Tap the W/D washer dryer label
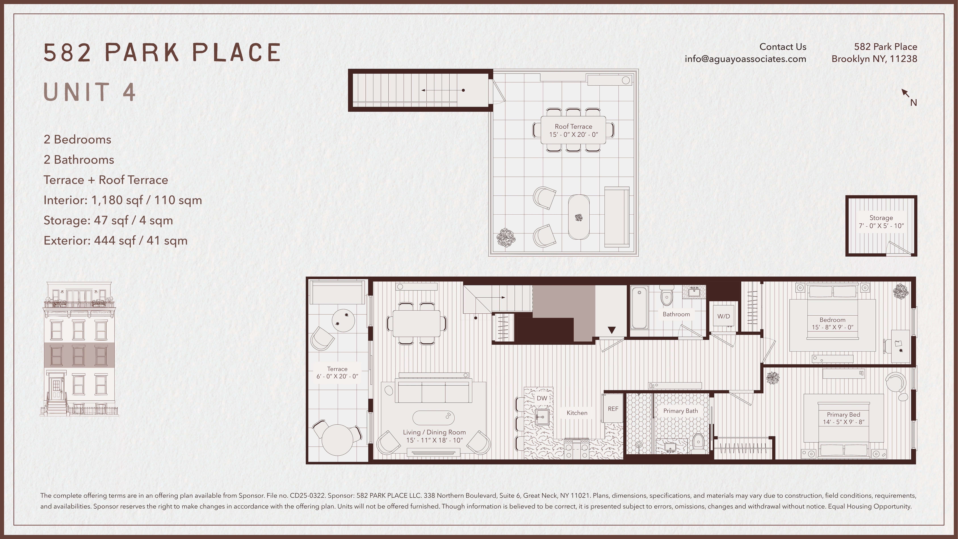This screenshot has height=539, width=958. [x=723, y=316]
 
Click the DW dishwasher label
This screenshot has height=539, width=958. [x=542, y=398]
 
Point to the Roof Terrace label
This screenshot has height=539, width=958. [x=573, y=126]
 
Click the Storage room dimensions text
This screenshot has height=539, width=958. [x=881, y=226]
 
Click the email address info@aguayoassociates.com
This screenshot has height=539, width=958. [x=745, y=59]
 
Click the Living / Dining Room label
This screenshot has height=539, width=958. [x=434, y=432]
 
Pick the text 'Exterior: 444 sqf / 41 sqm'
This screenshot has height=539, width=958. [x=115, y=241]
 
